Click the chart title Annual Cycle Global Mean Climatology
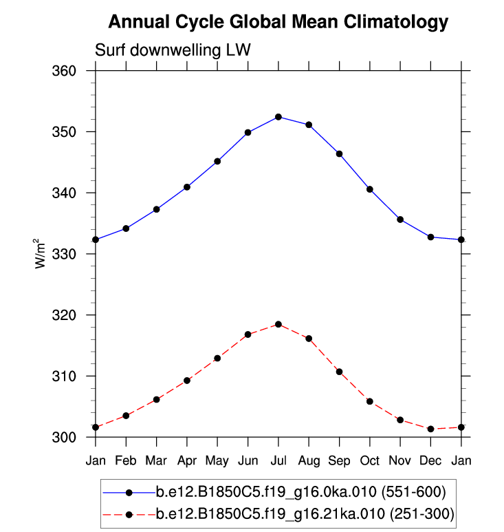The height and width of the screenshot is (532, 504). coord(278,22)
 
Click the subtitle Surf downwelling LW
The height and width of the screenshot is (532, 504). coord(173,50)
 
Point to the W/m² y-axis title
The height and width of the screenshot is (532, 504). coord(41,254)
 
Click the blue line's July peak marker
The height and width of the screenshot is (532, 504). coord(278,117)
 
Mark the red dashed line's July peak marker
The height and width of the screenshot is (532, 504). coord(278,324)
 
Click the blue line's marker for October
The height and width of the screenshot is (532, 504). coord(370,189)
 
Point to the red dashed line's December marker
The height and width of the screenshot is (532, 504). coord(430,429)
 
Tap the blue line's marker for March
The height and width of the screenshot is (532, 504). coord(156,209)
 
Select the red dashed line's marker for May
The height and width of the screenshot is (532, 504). coord(217,358)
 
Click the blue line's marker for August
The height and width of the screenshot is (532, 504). coord(309,125)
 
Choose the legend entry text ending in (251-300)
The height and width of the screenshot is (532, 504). coord(305,513)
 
